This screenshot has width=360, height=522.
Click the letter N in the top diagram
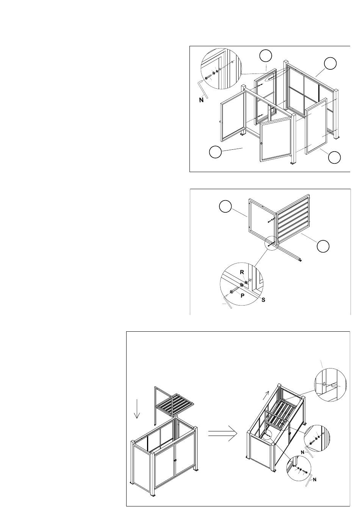coord(201,100)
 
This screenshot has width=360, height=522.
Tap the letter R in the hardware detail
coord(242,272)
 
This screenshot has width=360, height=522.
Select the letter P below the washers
coord(242,296)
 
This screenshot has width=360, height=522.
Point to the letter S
coord(263,300)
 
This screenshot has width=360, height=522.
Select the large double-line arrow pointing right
coord(222,433)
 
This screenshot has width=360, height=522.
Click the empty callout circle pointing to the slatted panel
coord(323,246)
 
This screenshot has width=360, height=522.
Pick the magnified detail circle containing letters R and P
coord(242,284)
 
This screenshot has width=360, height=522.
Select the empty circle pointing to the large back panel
coord(330,63)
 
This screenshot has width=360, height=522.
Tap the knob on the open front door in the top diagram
coord(262,144)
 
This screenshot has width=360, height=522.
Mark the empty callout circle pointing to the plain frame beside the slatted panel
coord(225,207)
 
